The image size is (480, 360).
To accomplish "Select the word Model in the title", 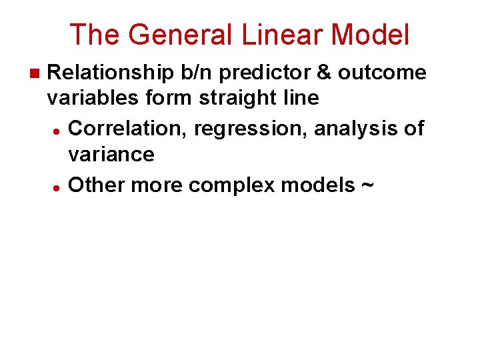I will tap(370, 35).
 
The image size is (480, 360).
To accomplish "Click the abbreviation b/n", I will tap(200, 72).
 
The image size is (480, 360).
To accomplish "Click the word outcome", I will tap(382, 72).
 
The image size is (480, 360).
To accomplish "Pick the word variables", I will tap(91, 99).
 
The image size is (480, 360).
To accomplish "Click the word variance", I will tap(111, 155).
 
